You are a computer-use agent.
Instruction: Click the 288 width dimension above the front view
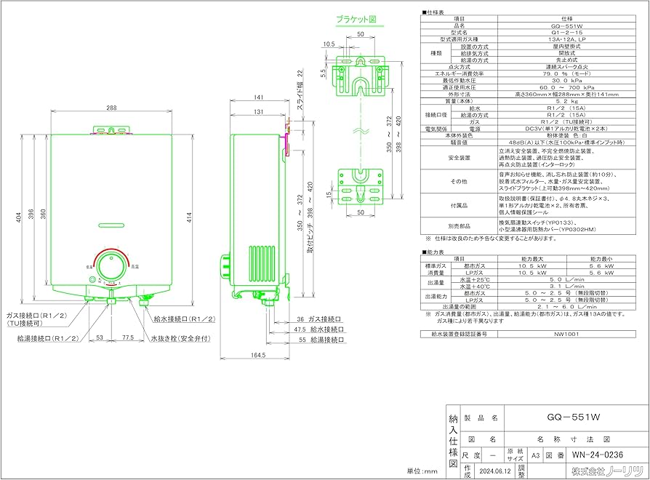(111, 108)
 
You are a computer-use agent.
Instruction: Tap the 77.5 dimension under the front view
(128, 338)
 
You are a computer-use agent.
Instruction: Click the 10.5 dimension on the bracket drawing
(329, 44)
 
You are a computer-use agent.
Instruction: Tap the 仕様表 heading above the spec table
(437, 13)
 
